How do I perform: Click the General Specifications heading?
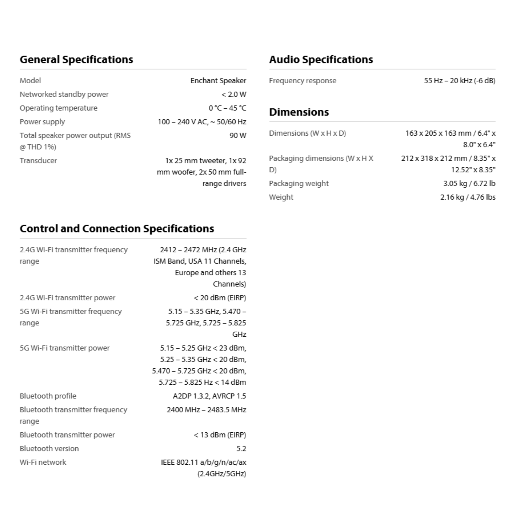(x=76, y=59)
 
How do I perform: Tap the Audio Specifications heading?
(x=321, y=59)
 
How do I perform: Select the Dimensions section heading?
(x=299, y=112)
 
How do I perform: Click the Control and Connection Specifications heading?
(x=117, y=229)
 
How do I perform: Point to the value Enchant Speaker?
(x=218, y=80)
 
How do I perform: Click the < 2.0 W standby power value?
(x=234, y=94)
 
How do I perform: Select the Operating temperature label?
(x=58, y=108)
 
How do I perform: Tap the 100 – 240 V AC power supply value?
(x=202, y=122)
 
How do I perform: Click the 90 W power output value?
(x=238, y=135)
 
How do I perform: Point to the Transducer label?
(x=38, y=160)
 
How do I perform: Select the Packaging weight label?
(x=299, y=183)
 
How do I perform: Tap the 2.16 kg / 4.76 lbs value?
(x=467, y=197)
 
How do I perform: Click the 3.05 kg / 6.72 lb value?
(x=469, y=183)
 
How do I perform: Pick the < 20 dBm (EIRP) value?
(x=220, y=298)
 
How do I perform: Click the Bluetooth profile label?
(x=48, y=396)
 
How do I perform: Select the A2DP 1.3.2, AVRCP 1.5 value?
(x=209, y=396)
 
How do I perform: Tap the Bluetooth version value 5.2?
(x=241, y=448)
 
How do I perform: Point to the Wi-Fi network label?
(x=43, y=462)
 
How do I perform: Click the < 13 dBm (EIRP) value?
(x=220, y=435)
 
